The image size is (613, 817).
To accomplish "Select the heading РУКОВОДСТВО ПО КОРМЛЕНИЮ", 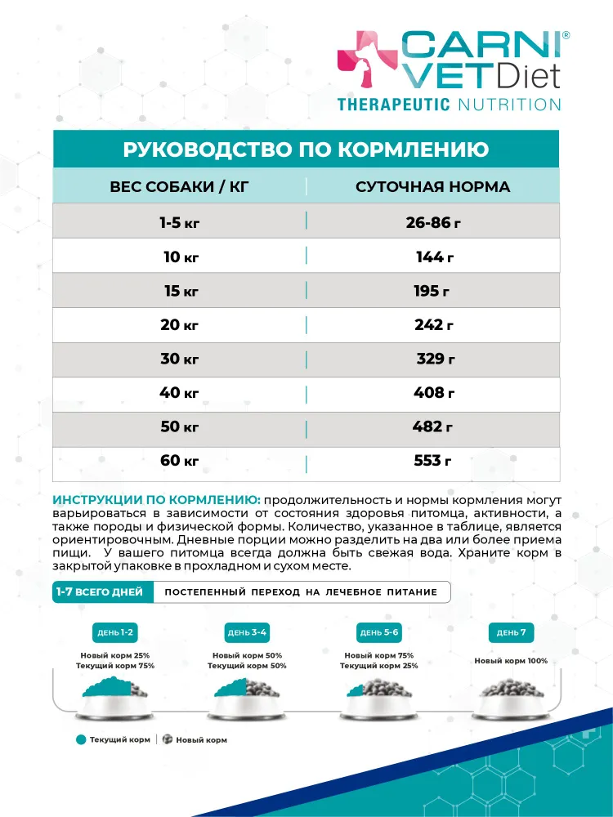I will (306, 150).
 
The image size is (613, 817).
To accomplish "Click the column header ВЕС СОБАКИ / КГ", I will (179, 187).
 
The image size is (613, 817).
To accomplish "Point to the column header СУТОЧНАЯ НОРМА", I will (432, 187).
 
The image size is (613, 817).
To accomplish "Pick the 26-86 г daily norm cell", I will (433, 222).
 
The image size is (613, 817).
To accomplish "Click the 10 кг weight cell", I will (181, 257).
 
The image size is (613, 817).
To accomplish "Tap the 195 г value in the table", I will (432, 292).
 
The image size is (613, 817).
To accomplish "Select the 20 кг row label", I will (180, 325).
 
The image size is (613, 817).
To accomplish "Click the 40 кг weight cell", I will (179, 393).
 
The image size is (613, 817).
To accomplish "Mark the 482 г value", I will (433, 427).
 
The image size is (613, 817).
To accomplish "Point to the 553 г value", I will (433, 461).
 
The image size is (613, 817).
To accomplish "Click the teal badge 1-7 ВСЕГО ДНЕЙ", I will (99, 592).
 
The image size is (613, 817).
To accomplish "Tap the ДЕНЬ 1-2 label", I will (115, 632).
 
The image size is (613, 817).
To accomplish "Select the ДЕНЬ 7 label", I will (511, 632).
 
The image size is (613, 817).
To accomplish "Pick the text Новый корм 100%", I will (511, 661).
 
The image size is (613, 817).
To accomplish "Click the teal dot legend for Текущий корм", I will (81, 739).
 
